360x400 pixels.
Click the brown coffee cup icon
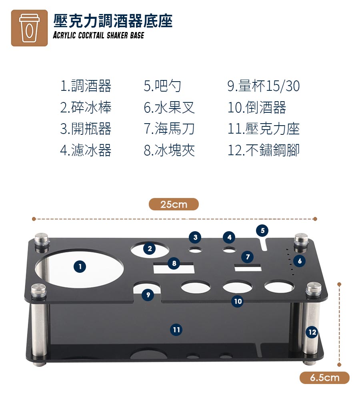(x=29, y=28)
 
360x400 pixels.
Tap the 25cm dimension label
(x=174, y=204)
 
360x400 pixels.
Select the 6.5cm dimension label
(x=324, y=378)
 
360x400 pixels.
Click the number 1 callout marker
(x=80, y=266)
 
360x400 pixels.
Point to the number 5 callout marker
(x=262, y=231)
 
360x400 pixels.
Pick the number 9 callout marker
(x=148, y=295)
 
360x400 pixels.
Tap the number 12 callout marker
(x=312, y=332)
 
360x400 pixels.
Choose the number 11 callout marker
(x=176, y=330)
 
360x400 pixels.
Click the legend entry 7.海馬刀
(x=170, y=128)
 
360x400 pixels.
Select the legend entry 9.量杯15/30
(x=264, y=86)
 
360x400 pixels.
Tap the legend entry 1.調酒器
(x=86, y=86)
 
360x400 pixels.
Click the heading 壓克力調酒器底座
(x=113, y=21)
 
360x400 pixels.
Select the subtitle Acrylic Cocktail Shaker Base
(x=98, y=35)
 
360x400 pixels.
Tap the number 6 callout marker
(x=300, y=261)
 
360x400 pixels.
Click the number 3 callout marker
(x=195, y=237)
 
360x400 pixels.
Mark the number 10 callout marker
(x=238, y=301)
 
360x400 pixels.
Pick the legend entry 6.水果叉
(x=170, y=107)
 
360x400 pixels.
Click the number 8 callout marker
(x=174, y=263)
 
